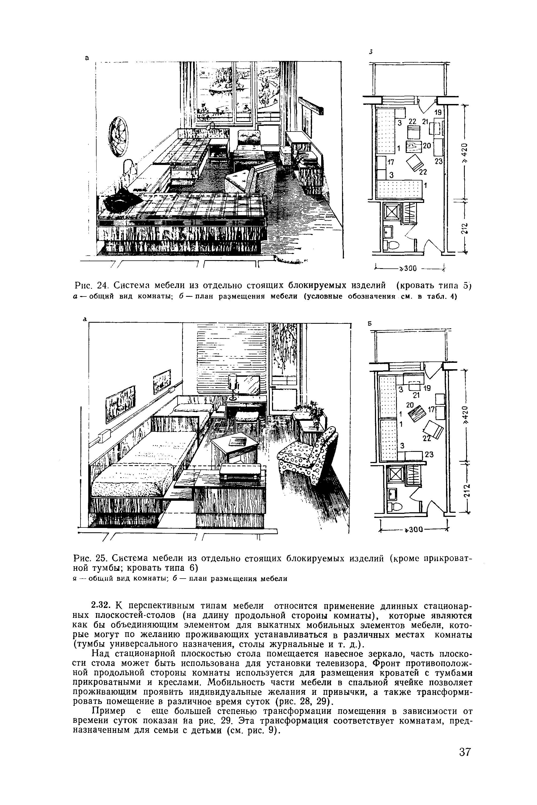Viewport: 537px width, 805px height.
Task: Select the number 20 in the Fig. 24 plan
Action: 426,145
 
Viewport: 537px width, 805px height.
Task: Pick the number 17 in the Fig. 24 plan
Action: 391,161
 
